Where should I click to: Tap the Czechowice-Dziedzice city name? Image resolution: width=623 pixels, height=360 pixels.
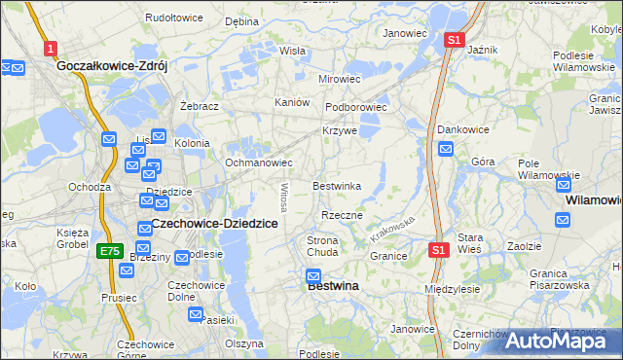click(x=215, y=224)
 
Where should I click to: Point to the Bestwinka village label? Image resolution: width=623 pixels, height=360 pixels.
click(x=337, y=185)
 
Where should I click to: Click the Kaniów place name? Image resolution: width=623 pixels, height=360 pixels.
click(x=292, y=102)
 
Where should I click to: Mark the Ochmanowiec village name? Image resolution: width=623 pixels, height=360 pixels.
click(x=259, y=162)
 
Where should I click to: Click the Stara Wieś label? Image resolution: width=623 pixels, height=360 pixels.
click(x=471, y=242)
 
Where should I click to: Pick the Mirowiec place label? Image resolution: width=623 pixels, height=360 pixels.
click(x=340, y=78)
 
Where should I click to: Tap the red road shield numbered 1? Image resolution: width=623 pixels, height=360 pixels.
click(x=50, y=48)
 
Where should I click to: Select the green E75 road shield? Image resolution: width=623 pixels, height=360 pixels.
click(x=109, y=251)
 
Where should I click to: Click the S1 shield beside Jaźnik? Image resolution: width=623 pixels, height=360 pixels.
click(x=454, y=40)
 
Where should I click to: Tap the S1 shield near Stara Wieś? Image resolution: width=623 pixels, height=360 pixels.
click(x=439, y=250)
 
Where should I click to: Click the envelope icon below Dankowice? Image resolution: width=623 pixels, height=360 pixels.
click(x=446, y=149)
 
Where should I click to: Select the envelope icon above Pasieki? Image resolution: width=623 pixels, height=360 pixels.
click(x=196, y=316)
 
